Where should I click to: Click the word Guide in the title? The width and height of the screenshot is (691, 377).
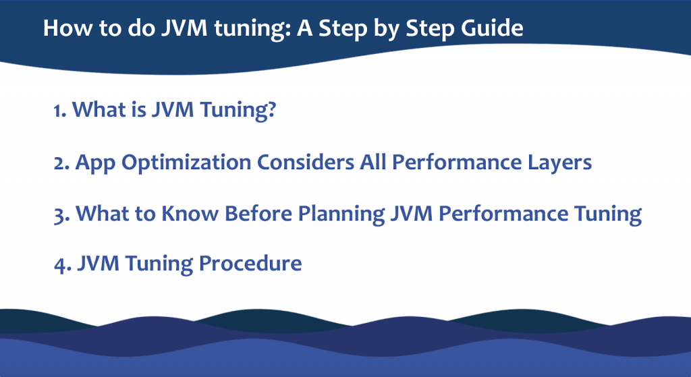pyautogui.click(x=492, y=28)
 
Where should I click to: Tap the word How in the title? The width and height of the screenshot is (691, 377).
pyautogui.click(x=67, y=28)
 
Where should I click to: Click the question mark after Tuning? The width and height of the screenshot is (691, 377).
pyautogui.click(x=271, y=109)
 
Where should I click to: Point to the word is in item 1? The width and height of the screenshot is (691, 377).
pyautogui.click(x=138, y=109)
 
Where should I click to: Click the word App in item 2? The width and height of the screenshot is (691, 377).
pyautogui.click(x=95, y=163)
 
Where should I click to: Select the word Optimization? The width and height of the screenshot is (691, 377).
pyautogui.click(x=186, y=163)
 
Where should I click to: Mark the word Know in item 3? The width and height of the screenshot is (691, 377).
pyautogui.click(x=190, y=214)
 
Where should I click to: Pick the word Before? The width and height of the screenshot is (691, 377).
pyautogui.click(x=258, y=214)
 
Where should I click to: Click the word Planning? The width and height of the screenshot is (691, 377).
pyautogui.click(x=341, y=215)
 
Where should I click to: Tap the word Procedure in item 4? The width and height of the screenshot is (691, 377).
pyautogui.click(x=250, y=264)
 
